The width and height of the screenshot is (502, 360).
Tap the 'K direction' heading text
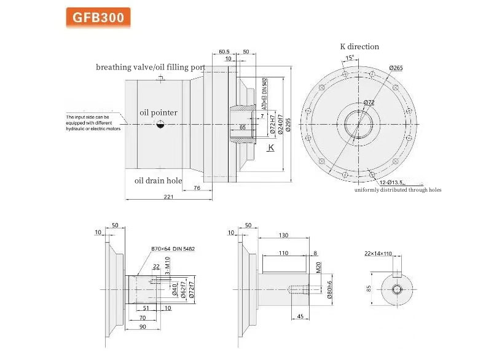point(359,47)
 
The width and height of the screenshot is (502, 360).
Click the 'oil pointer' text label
point(158,112)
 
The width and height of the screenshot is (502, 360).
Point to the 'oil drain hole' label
point(158,181)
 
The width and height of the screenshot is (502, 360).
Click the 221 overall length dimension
point(168,197)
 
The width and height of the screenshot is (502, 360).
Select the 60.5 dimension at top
point(224,52)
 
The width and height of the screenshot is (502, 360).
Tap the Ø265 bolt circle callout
point(396,68)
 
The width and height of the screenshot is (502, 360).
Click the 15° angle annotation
point(350,58)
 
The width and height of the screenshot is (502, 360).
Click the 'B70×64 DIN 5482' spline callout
point(173,249)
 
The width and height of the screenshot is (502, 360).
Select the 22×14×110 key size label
point(394,254)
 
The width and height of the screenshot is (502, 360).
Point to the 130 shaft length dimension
point(283,236)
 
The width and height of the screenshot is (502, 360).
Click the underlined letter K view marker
point(270,149)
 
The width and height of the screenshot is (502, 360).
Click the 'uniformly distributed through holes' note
point(398,190)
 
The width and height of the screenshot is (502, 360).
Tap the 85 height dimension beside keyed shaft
point(369,287)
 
